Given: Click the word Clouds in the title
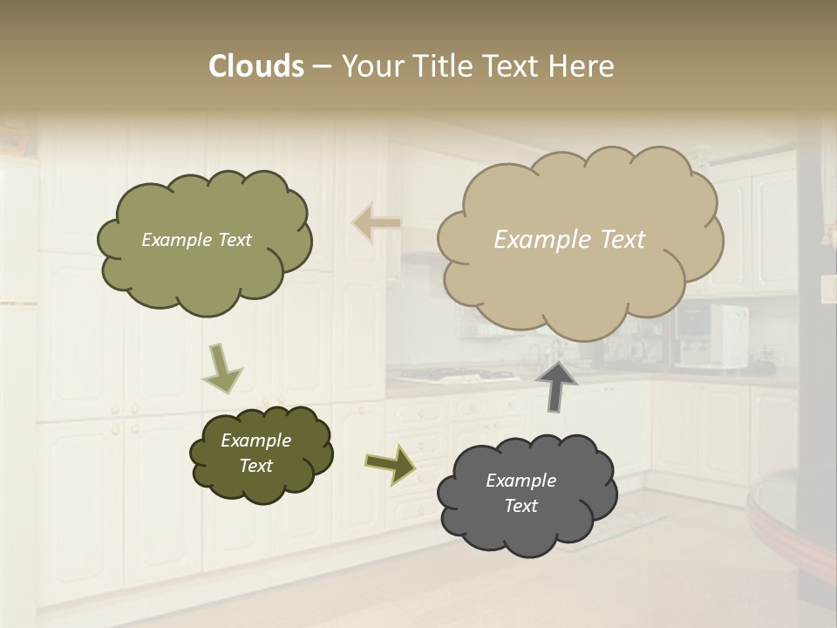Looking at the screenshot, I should click(256, 66).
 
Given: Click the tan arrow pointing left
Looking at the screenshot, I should click(376, 223).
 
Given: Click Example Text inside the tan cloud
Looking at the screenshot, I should click(569, 240).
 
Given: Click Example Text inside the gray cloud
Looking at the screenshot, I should click(521, 493).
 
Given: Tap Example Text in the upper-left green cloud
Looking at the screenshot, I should click(196, 240).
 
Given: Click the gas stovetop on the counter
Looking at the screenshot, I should click(453, 376).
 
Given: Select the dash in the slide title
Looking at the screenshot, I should click(321, 66).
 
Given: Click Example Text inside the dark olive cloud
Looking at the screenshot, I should click(255, 453).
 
